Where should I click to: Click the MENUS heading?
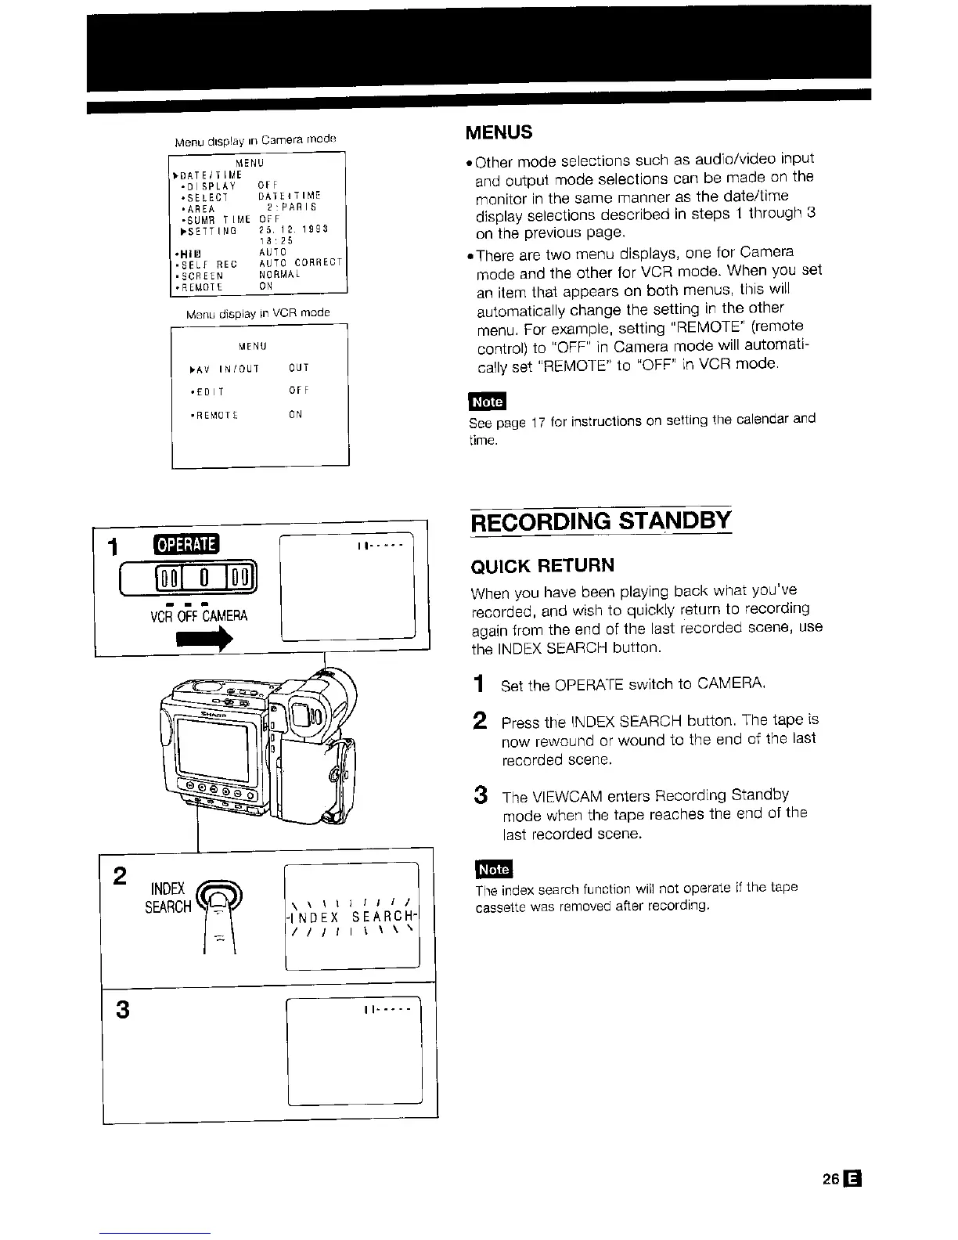[499, 132]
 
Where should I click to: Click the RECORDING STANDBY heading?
[600, 521]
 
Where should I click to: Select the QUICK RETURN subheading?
[542, 566]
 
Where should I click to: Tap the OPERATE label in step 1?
[188, 543]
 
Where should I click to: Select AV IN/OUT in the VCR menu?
[225, 368]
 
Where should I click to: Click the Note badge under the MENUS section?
[488, 402]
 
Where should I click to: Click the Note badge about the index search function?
[493, 870]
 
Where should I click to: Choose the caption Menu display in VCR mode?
[258, 313]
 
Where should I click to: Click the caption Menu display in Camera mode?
[254, 141]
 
